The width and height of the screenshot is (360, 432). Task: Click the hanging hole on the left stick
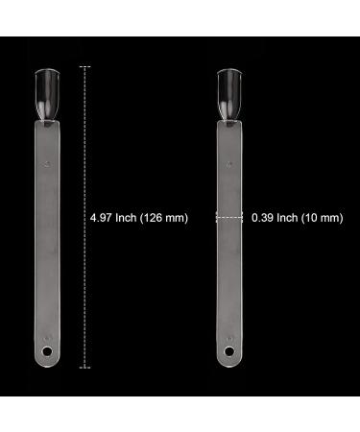click(47, 351)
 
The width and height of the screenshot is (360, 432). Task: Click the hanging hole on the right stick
click(229, 351)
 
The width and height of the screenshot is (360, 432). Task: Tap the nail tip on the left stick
click(47, 94)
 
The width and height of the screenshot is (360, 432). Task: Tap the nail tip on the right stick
click(229, 94)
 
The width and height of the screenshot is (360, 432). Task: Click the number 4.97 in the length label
click(101, 218)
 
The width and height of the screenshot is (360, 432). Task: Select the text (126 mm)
click(164, 218)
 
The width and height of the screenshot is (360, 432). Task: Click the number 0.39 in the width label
click(262, 218)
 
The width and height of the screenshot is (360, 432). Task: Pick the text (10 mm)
click(323, 218)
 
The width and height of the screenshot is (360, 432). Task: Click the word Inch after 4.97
click(126, 218)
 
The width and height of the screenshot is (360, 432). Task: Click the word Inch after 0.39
click(287, 218)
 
